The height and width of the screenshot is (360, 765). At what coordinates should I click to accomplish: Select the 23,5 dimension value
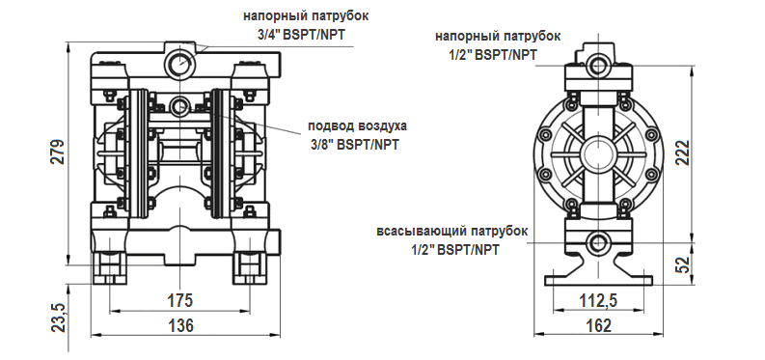pyautogui.click(x=57, y=317)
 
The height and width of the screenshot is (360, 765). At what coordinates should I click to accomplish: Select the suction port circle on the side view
pyautogui.click(x=598, y=243)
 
